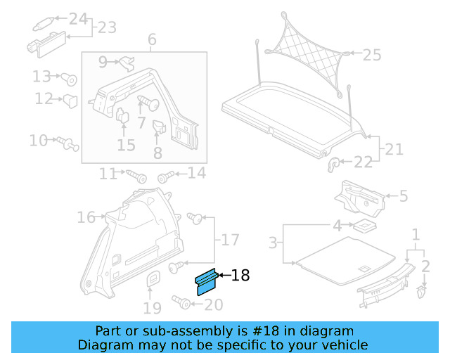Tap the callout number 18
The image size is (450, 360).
pos(240,276)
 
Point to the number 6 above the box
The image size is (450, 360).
pos(152,39)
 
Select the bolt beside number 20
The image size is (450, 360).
pos(182,304)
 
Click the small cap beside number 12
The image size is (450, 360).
pos(71,100)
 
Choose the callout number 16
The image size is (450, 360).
pos(86,218)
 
